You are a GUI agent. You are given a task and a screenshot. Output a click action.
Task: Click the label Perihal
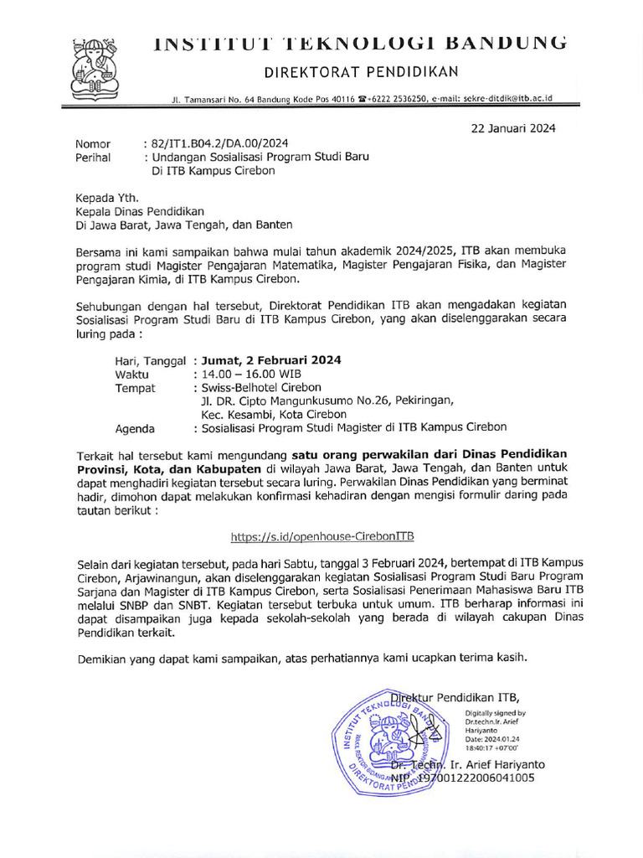pyautogui.click(x=93, y=157)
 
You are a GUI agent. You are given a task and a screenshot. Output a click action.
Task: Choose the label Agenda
pyautogui.click(x=135, y=428)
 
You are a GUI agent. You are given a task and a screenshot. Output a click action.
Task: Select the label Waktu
pyautogui.click(x=131, y=374)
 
